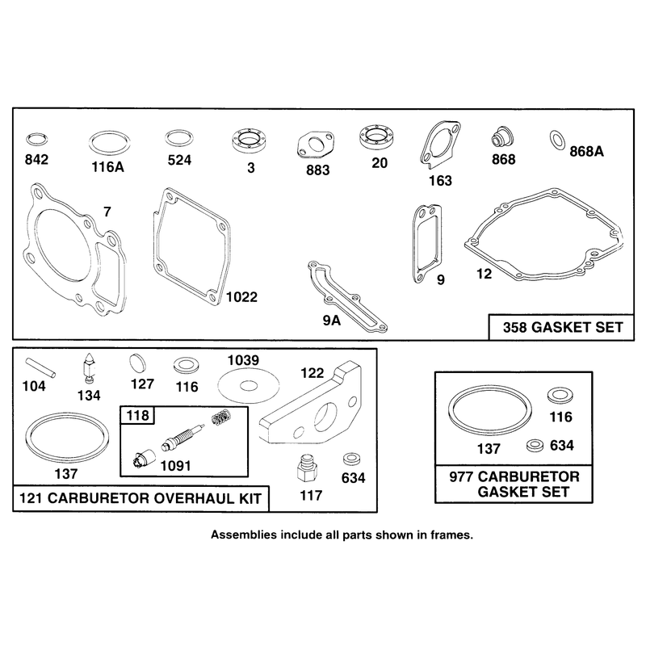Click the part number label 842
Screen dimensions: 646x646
click(x=36, y=159)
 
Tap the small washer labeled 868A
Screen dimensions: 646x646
click(x=557, y=140)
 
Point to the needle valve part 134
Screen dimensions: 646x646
click(x=89, y=369)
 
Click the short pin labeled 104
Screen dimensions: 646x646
click(x=40, y=367)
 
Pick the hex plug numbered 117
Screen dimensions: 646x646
click(x=308, y=468)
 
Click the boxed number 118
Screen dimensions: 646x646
click(x=137, y=415)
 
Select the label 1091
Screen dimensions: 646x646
click(x=175, y=466)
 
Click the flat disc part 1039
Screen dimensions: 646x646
click(x=249, y=386)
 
